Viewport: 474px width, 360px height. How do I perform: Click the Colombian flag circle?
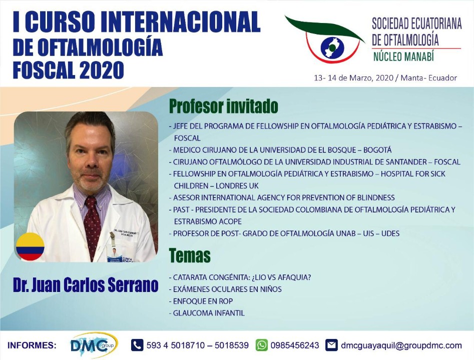pyautogui.click(x=30, y=246)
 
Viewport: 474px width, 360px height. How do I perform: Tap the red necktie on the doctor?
pyautogui.click(x=92, y=227)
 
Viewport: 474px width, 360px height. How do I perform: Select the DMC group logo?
pyautogui.click(x=94, y=345)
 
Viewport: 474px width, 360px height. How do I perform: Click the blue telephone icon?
pyautogui.click(x=137, y=345)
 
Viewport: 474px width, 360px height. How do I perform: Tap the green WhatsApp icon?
pyautogui.click(x=261, y=345)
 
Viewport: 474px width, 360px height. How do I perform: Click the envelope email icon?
pyautogui.click(x=332, y=345)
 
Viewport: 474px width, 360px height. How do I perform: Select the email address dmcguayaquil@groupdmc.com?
pyautogui.click(x=401, y=345)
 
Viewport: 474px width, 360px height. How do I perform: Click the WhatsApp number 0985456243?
pyautogui.click(x=295, y=345)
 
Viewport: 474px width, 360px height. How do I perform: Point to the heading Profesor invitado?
pyautogui.click(x=223, y=106)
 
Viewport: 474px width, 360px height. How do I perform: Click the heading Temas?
pyautogui.click(x=190, y=255)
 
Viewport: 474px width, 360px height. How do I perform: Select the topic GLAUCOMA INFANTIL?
pyautogui.click(x=207, y=313)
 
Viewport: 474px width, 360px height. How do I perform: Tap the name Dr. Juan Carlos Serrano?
pyautogui.click(x=86, y=285)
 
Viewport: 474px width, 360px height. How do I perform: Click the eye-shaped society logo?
pyautogui.click(x=325, y=40)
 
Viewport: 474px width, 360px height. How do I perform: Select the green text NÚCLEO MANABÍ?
pyautogui.click(x=403, y=56)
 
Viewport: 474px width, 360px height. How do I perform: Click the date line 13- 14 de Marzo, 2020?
pyautogui.click(x=354, y=78)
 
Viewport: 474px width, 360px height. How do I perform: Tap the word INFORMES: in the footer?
pyautogui.click(x=32, y=345)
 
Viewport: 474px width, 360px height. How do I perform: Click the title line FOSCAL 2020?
pyautogui.click(x=69, y=70)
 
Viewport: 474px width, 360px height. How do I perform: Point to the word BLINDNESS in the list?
pyautogui.click(x=376, y=197)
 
